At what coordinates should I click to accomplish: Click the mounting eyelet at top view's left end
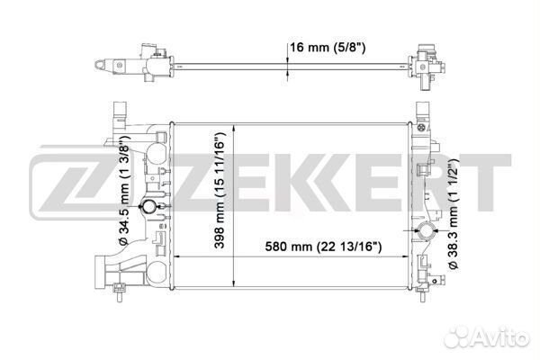tap(100, 65)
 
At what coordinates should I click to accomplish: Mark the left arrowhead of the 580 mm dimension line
tap(175, 256)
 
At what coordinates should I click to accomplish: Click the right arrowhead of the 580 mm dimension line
tap(409, 256)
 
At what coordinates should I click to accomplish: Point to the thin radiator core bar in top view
tap(270, 64)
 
